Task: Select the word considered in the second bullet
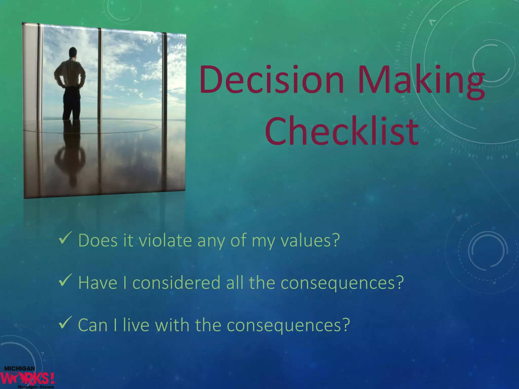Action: tap(176, 283)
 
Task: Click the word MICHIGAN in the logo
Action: tap(20, 368)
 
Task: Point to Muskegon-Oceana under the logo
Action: tap(35, 387)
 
